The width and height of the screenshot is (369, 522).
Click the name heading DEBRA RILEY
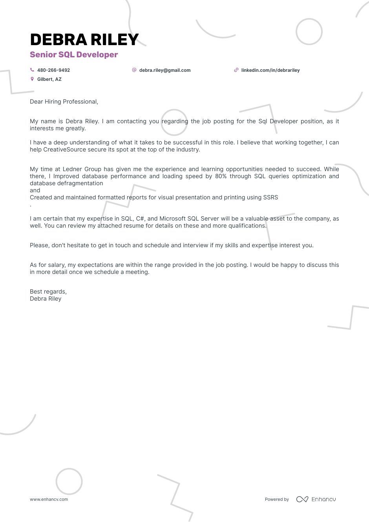pyautogui.click(x=84, y=40)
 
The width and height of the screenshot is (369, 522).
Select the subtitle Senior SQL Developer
pyautogui.click(x=74, y=55)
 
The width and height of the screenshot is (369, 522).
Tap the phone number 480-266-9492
pyautogui.click(x=53, y=70)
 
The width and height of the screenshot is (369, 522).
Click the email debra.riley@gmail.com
pyautogui.click(x=164, y=70)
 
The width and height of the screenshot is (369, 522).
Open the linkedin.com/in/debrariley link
pyautogui.click(x=270, y=70)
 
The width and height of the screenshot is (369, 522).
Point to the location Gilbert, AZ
pyautogui.click(x=49, y=79)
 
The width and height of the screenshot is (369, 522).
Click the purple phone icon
pyautogui.click(x=32, y=70)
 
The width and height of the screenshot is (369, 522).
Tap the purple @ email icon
pyautogui.click(x=134, y=70)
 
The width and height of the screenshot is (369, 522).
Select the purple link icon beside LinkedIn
pyautogui.click(x=236, y=70)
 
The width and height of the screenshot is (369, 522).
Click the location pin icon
pyautogui.click(x=32, y=79)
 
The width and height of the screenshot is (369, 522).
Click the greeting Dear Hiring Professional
pyautogui.click(x=64, y=102)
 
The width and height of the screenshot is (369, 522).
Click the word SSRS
pyautogui.click(x=270, y=197)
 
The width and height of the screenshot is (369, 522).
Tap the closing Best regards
pyautogui.click(x=48, y=292)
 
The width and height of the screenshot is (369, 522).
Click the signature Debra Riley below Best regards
pyautogui.click(x=46, y=299)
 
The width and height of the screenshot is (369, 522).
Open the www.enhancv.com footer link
pyautogui.click(x=49, y=499)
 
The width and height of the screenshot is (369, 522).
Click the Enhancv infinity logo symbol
pyautogui.click(x=302, y=499)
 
